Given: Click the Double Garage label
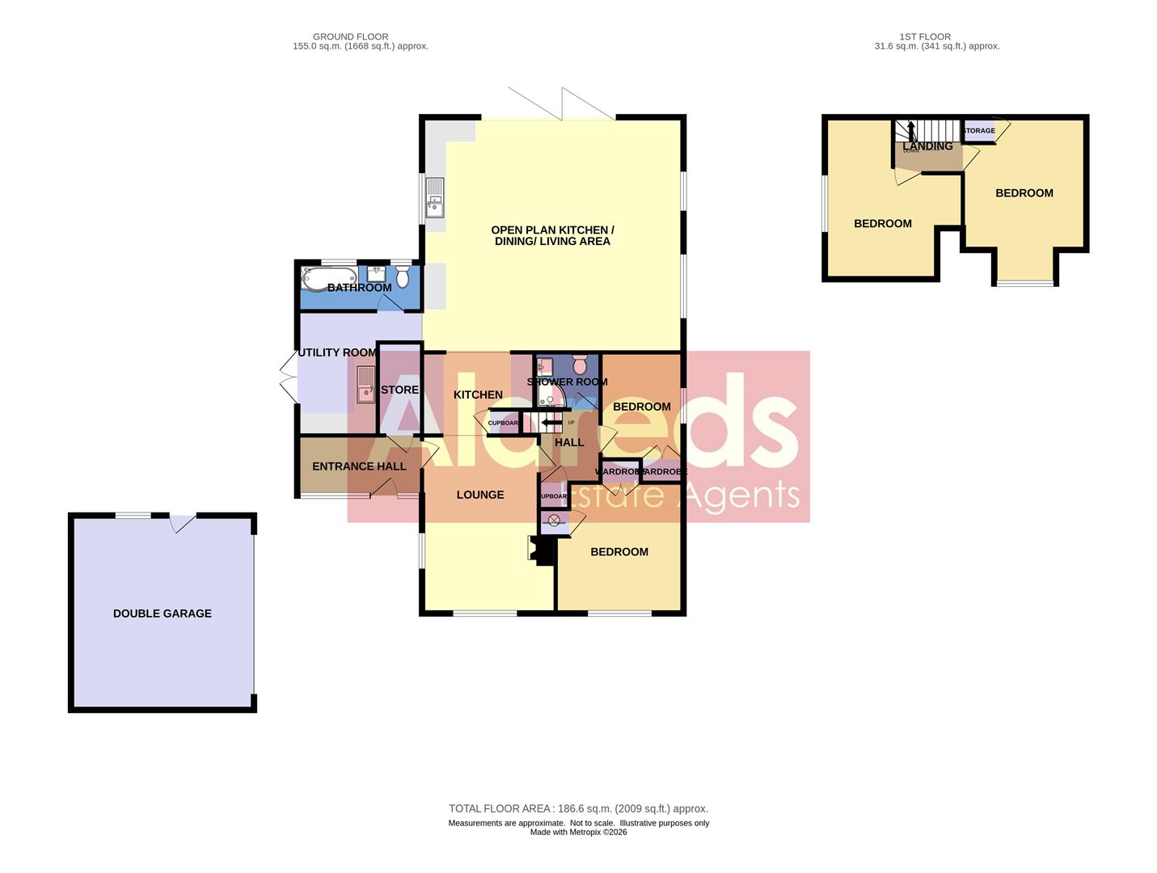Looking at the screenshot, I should pyautogui.click(x=162, y=614).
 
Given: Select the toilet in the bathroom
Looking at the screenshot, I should pyautogui.click(x=403, y=276).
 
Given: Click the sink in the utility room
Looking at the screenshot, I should pyautogui.click(x=365, y=384).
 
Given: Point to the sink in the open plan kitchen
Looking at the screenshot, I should pyautogui.click(x=435, y=198).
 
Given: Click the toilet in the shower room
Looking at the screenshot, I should pyautogui.click(x=579, y=364).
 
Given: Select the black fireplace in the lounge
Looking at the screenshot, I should pyautogui.click(x=541, y=550).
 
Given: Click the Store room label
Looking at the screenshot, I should pyautogui.click(x=399, y=390).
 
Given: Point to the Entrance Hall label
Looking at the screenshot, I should pyautogui.click(x=359, y=466).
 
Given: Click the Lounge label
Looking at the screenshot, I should pyautogui.click(x=479, y=495).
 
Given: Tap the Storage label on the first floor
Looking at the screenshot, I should pyautogui.click(x=978, y=131).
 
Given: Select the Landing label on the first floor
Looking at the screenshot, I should pyautogui.click(x=927, y=146).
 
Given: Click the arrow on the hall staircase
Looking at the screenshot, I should pyautogui.click(x=551, y=422).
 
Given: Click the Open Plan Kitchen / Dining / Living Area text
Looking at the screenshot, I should pyautogui.click(x=552, y=235).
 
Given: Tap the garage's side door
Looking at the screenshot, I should pyautogui.click(x=183, y=522).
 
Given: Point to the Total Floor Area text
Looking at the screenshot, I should pyautogui.click(x=578, y=808).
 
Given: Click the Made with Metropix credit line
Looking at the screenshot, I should pyautogui.click(x=578, y=832).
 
